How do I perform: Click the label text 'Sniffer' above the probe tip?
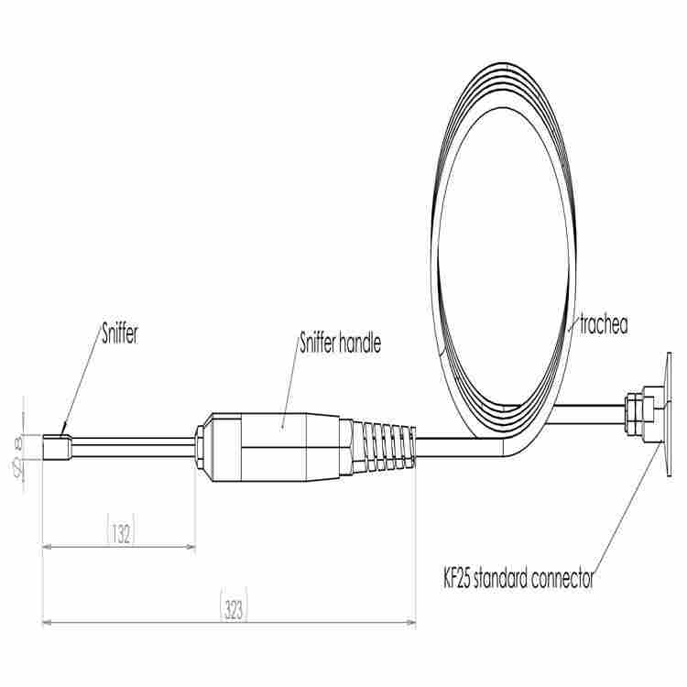tap(120, 333)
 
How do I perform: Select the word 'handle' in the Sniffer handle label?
tap(360, 343)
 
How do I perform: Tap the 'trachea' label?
tap(604, 324)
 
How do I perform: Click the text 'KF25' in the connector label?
tap(456, 578)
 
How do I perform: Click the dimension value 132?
tap(121, 534)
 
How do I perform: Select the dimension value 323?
tap(234, 609)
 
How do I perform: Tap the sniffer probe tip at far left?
tap(56, 447)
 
